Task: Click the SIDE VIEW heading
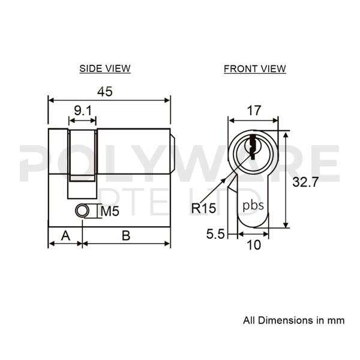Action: point(105,68)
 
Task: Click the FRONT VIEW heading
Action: point(255,68)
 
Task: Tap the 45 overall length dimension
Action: point(105,92)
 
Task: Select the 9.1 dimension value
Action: point(83,110)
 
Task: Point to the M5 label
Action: point(110,211)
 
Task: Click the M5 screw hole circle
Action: point(82,211)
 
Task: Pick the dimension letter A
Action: point(65,236)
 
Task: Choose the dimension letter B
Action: point(126,236)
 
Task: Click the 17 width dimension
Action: point(254,110)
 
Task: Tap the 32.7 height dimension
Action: point(305,182)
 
